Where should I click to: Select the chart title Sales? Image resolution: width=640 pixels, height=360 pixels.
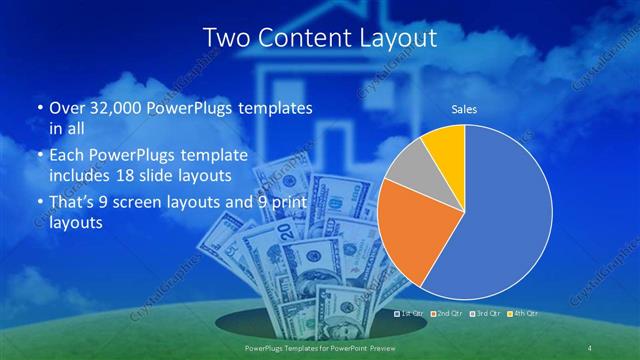[464, 109]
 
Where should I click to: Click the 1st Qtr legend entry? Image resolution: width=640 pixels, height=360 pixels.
[413, 314]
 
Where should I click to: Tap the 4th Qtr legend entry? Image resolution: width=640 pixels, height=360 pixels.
[523, 314]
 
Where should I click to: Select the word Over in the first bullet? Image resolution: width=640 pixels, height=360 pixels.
[65, 107]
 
